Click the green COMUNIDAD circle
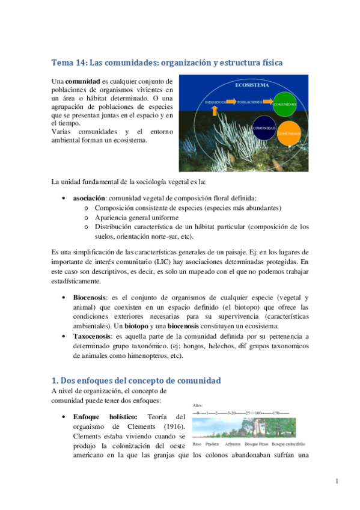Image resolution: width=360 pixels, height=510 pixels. (x=284, y=104)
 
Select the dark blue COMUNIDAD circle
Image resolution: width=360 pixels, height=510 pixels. (x=264, y=129)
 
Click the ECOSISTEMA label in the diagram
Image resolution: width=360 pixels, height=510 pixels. (x=252, y=85)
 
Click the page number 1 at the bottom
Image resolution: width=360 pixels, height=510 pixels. (x=338, y=481)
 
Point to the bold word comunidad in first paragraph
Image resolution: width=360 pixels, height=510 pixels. (x=83, y=81)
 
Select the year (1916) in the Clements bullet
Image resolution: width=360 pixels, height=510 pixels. (x=174, y=426)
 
